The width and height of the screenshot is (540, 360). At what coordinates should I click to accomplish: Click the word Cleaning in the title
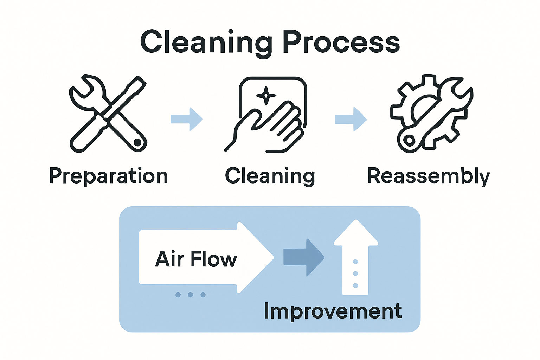pos(206,42)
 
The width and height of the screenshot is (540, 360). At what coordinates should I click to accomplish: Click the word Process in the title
pos(341,42)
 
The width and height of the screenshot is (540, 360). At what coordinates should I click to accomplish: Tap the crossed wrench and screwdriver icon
pos(108,114)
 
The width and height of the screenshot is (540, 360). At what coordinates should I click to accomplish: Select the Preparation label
pos(108,176)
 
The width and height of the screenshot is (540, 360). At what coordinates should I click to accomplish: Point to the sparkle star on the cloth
pos(266,95)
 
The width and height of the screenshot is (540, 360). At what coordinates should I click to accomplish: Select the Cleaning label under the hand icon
pos(270,176)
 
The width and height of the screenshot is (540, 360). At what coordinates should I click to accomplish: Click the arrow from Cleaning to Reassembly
pos(351,119)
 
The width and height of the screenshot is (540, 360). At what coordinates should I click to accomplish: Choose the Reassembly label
pos(428,176)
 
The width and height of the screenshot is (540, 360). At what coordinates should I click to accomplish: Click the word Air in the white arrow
pos(169,259)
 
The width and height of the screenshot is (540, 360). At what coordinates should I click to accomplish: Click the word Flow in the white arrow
pos(214,259)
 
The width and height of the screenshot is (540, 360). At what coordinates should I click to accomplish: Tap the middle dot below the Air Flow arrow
pos(191,295)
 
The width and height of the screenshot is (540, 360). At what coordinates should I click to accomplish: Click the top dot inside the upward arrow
pos(355,262)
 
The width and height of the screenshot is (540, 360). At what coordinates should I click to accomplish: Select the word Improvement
pos(333,311)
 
